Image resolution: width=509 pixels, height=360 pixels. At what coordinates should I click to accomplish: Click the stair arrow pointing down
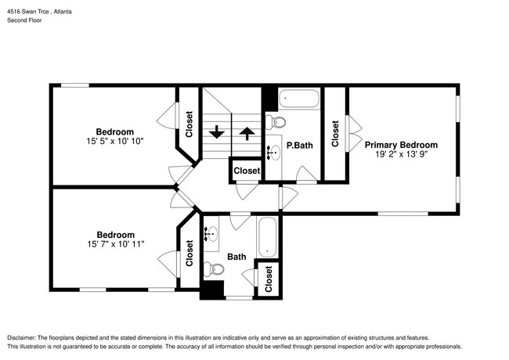[x=217, y=132]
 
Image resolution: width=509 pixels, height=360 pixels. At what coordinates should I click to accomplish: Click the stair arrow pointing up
[x=247, y=132]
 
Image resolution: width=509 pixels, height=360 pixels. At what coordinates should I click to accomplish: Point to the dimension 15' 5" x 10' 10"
[x=114, y=142]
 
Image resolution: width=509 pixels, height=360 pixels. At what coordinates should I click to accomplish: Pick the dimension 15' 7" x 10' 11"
[x=114, y=245]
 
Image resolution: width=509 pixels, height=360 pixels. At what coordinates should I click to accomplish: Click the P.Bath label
[x=300, y=146]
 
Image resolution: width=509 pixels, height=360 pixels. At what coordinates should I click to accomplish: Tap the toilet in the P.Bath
[x=276, y=121]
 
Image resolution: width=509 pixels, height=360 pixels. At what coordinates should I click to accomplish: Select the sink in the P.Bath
[x=275, y=152]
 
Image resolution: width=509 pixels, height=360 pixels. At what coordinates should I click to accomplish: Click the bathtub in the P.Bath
[x=299, y=99]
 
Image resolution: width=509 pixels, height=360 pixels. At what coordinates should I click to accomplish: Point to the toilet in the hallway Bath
[x=214, y=269]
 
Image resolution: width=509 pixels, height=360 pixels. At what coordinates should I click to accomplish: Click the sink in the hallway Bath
[x=212, y=234]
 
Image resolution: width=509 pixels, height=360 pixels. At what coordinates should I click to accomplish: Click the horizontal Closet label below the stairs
[x=247, y=171]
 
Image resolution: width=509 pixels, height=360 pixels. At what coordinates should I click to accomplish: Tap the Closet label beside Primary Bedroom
[x=336, y=133]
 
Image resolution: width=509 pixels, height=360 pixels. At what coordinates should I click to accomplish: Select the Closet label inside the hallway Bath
[x=269, y=279]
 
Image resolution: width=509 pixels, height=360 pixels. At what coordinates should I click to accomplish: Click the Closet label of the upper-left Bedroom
[x=189, y=124]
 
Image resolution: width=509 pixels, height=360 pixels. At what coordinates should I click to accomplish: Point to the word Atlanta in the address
[x=63, y=10]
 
